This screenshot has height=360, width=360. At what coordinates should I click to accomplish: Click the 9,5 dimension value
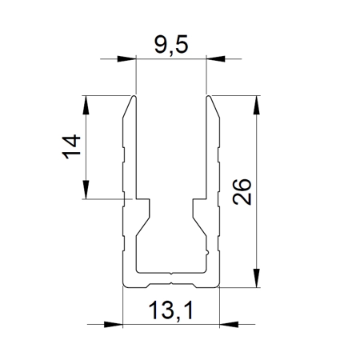(x=171, y=44)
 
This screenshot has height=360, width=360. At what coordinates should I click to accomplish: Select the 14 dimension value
(x=71, y=146)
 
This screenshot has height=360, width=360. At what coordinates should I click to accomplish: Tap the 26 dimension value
(x=242, y=192)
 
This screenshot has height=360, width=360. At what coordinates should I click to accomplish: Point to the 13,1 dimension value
(x=170, y=310)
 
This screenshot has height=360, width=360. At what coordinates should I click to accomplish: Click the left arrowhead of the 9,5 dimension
(x=126, y=58)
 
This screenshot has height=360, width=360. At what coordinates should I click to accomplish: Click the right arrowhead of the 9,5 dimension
(x=216, y=58)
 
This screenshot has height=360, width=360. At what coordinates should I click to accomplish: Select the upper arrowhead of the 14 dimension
(x=86, y=105)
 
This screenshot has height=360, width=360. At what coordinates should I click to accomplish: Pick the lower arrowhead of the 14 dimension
(x=86, y=190)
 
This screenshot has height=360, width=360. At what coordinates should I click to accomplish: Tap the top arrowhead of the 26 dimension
(x=256, y=105)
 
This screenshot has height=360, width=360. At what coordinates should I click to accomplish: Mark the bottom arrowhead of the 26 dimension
(x=256, y=278)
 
